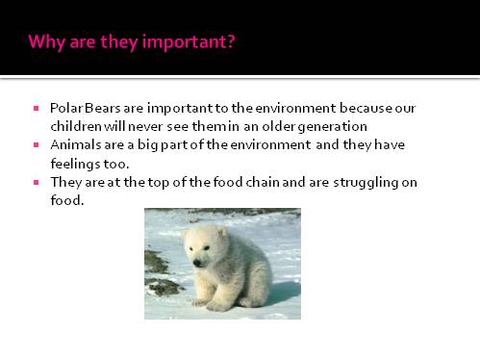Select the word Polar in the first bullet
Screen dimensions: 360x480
point(64,108)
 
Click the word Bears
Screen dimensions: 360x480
point(100,108)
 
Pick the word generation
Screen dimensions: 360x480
point(334,126)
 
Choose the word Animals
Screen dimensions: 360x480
point(75,144)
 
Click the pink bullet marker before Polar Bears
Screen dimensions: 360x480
point(36,108)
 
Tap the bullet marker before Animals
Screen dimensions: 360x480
point(36,144)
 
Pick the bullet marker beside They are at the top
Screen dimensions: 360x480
point(36,181)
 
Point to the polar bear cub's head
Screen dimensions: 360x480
point(207,249)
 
